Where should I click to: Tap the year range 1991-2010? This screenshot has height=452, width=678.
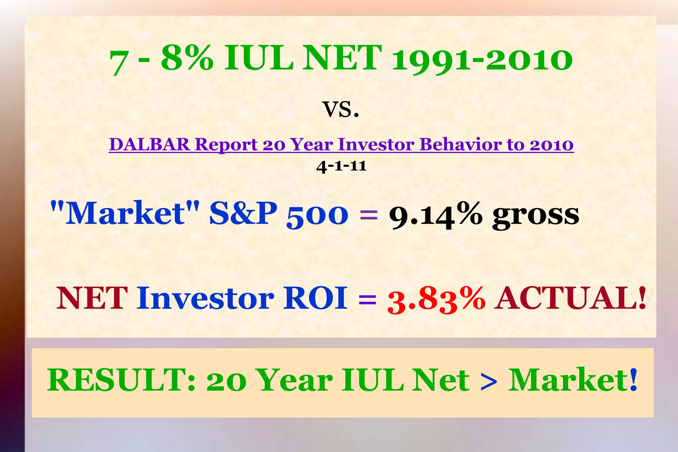coord(482,60)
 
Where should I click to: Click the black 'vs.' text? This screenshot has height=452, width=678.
coord(341,110)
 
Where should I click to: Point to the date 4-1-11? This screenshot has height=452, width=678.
coord(341,166)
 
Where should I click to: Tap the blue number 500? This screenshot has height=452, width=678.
coord(317,215)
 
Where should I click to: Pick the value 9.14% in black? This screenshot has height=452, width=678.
coord(435,215)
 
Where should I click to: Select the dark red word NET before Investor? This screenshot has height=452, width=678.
coord(92,298)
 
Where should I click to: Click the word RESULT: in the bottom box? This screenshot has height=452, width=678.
coord(121,380)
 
